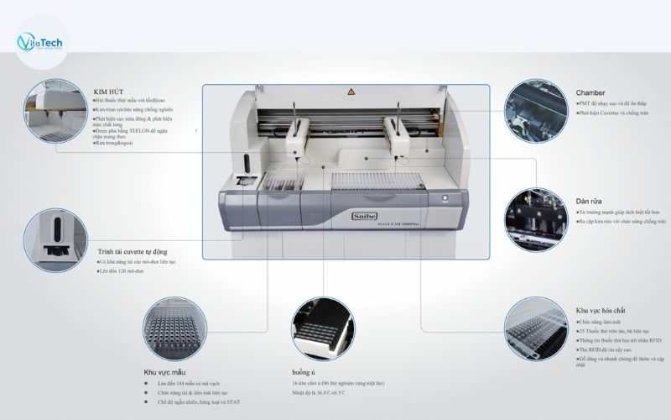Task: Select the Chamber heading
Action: click(590, 92)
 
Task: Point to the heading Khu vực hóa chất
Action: click(604, 310)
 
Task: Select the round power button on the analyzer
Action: click(445, 198)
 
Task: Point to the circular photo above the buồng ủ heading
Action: click(322, 324)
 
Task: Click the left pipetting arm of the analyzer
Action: click(295, 139)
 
